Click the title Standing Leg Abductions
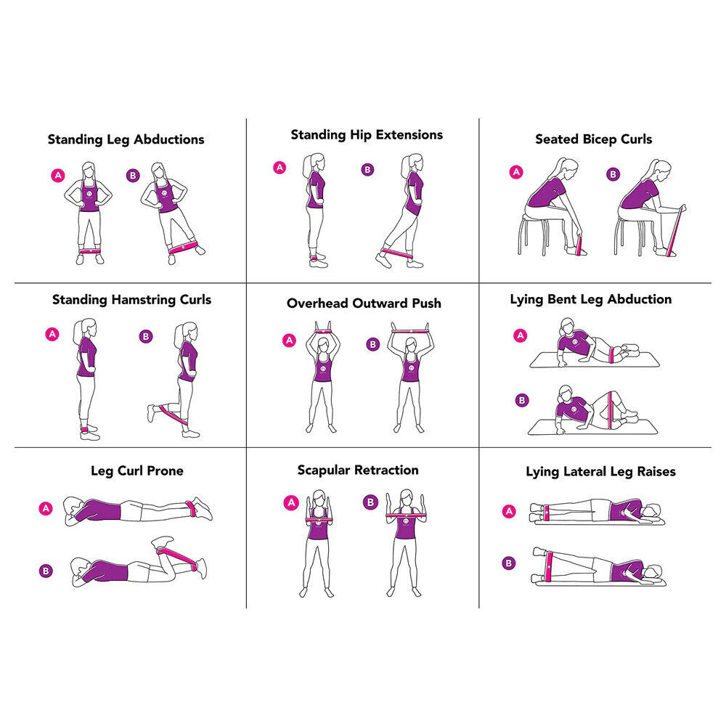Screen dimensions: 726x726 coord(126,139)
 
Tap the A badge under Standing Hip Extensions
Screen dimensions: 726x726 coord(280,168)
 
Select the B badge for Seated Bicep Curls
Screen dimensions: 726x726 coord(613,174)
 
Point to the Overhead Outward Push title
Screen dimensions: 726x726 coord(364,303)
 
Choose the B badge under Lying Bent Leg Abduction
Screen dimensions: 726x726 coord(521,400)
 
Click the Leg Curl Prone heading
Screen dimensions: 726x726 coord(136,470)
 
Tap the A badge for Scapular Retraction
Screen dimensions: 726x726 coord(290,502)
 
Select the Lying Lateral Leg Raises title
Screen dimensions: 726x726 coord(600,472)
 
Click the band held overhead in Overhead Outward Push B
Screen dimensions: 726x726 coord(411,332)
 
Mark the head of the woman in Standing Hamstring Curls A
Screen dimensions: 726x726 coord(86,326)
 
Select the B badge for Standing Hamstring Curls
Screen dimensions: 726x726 coord(146,336)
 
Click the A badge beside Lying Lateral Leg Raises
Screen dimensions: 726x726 coord(509,511)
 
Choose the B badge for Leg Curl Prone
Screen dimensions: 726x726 coord(46,571)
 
